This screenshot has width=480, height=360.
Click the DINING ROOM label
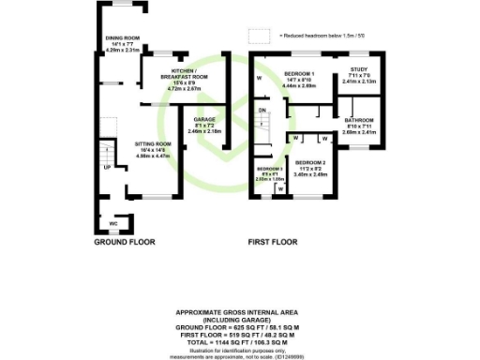[122, 38]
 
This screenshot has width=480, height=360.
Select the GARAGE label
[204, 120]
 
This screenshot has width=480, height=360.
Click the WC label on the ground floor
[112, 224]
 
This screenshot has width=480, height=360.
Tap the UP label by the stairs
[107, 168]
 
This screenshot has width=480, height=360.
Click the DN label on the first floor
[262, 110]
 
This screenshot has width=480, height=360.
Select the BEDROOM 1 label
[300, 73]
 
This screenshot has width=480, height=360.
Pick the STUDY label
[358, 69]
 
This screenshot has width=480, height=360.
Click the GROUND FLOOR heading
[124, 242]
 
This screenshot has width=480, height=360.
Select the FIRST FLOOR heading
[273, 242]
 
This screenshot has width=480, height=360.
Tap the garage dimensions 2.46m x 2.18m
[204, 131]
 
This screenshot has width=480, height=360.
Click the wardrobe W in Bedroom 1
[258, 79]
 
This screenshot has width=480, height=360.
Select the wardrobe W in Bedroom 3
[278, 187]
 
